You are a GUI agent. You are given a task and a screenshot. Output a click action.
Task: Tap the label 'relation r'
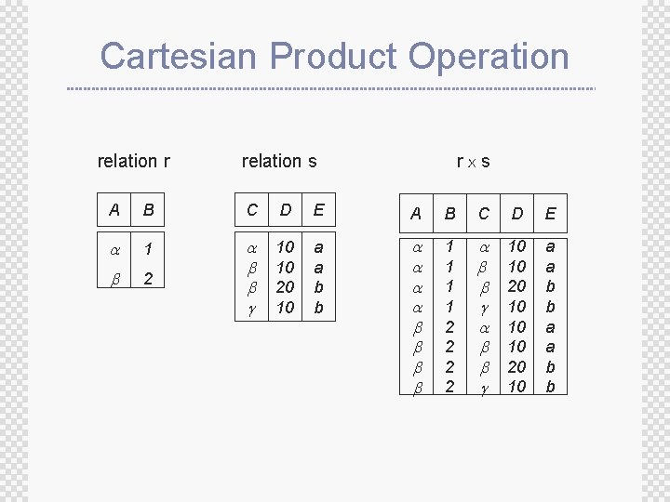coord(134,161)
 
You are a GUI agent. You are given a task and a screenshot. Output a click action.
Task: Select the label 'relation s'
coord(279,161)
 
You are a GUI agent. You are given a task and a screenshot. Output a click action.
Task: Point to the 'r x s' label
coord(474,161)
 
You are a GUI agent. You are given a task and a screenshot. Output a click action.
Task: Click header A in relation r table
coord(114,209)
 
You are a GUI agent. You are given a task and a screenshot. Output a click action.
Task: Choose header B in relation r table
coord(147,209)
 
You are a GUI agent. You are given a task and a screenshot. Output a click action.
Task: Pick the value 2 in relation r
coord(147,278)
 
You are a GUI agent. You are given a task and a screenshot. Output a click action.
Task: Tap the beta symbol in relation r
coord(114,279)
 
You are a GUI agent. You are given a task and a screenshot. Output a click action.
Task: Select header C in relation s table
coord(251,209)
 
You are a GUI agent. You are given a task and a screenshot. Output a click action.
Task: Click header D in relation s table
coord(286,209)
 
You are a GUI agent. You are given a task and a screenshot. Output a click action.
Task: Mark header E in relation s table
coord(319,209)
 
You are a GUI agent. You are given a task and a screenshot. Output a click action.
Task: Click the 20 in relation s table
coord(286,287)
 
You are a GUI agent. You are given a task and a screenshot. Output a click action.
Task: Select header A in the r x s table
coord(416,213)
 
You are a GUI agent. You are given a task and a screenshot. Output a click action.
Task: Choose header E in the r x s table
coord(550,213)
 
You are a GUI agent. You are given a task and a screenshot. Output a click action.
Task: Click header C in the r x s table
coord(484,213)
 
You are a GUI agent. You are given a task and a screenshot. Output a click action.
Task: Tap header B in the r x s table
coord(449,213)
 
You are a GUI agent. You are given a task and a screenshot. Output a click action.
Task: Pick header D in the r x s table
coord(517,213)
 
